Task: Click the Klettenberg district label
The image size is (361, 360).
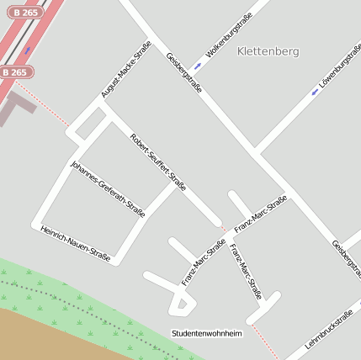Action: (268, 51)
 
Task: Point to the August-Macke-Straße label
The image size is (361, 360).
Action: (125, 69)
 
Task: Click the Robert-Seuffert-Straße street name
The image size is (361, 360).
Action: (158, 161)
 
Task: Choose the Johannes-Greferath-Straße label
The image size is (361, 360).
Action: (108, 188)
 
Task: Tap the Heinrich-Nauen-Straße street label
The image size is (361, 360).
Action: (75, 244)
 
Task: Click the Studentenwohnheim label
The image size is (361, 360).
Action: (206, 333)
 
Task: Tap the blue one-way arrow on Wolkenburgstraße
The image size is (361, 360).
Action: (198, 65)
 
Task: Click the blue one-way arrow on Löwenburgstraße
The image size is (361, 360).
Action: (313, 92)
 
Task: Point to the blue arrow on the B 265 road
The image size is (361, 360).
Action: (27, 51)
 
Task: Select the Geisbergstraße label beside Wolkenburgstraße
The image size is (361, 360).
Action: (184, 73)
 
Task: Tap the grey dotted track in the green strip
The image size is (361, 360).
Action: (93, 316)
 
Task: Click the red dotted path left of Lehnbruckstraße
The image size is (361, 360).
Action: (264, 340)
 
